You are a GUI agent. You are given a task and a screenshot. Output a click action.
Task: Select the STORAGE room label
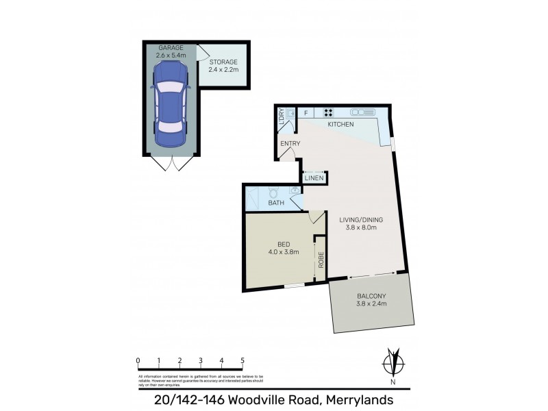223,62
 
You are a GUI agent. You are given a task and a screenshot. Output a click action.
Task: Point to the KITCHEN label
340,125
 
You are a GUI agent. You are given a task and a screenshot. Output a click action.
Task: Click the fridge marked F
305,112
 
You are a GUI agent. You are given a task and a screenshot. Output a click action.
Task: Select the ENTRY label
290,143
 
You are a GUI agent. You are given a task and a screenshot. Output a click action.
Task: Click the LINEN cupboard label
314,178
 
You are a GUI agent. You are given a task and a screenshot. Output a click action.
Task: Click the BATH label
276,203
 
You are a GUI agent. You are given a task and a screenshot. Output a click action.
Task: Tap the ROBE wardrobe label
320,261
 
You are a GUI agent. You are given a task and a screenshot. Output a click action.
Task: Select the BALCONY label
371,296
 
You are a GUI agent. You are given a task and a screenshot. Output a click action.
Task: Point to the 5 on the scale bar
242,360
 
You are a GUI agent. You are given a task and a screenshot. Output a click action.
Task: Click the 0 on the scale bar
138,360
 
